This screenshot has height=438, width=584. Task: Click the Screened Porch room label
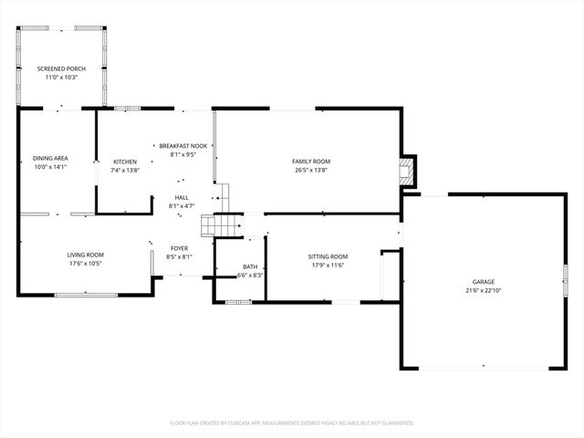[61, 69]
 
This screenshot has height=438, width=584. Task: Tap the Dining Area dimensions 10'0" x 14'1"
[50, 167]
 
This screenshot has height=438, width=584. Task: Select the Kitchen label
[125, 162]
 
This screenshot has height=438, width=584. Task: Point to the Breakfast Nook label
[183, 146]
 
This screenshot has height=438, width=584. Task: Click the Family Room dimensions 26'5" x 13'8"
[311, 171]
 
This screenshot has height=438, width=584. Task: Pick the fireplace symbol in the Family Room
[406, 172]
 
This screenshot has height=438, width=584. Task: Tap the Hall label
[182, 197]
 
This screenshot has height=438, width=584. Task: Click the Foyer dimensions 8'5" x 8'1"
[179, 256]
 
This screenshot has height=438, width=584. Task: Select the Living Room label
[85, 255]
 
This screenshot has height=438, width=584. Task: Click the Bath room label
[250, 266]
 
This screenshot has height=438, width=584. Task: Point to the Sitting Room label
[328, 256]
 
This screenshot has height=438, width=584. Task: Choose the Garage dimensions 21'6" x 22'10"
[484, 291]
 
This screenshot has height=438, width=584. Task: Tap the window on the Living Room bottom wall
[86, 296]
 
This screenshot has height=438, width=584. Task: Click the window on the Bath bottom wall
[239, 302]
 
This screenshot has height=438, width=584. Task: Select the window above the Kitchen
[128, 109]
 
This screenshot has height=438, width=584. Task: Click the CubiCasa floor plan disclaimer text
[292, 423]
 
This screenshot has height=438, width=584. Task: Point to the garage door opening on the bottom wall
[484, 369]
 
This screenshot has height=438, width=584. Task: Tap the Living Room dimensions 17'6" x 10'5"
[85, 264]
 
